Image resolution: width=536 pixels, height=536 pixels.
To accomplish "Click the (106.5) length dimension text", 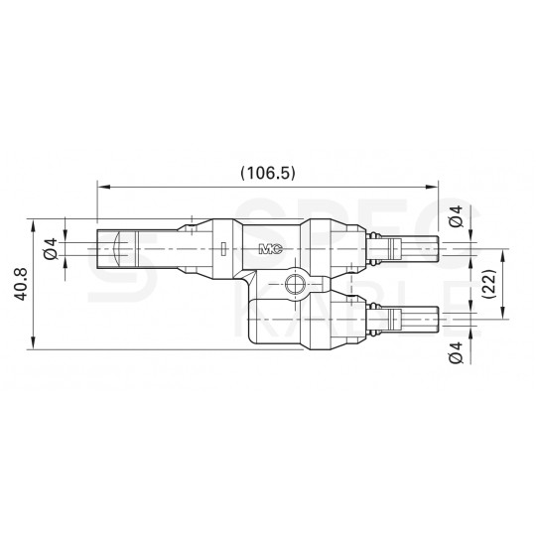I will click(269, 172).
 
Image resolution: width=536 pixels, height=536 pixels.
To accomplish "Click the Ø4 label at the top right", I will click(456, 215).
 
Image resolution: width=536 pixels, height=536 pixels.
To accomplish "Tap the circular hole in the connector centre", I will click(295, 286).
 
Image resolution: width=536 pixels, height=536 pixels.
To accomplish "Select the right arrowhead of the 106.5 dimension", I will click(434, 185).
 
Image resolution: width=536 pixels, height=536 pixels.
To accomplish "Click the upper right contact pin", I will click(416, 248).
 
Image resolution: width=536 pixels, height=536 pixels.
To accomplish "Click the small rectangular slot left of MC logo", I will click(223, 248).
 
